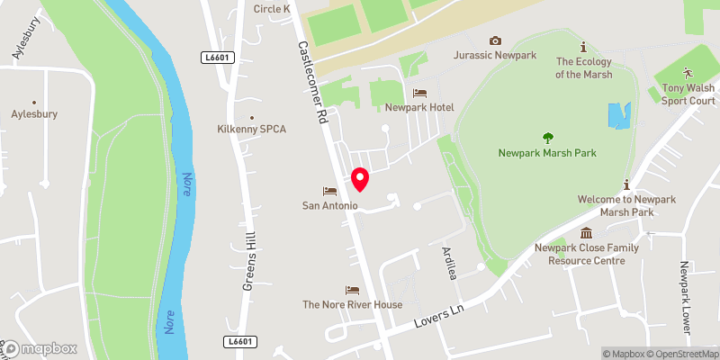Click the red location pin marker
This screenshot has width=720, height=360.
pos(361,179)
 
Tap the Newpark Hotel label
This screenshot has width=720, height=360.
pos(419,107)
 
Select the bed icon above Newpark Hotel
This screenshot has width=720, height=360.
pos(419,94)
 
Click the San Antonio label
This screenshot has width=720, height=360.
pos(330,206)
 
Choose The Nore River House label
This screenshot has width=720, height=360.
pos(352,304)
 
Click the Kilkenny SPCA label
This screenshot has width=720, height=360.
pos(251,130)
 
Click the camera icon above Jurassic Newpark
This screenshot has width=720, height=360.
pos(494,40)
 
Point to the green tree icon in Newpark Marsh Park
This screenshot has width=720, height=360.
pos(548,138)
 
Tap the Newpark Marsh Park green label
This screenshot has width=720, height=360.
pos(548,153)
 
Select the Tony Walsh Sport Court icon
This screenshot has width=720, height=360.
pos(688,72)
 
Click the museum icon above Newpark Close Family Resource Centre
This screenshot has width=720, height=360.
pos(586,233)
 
